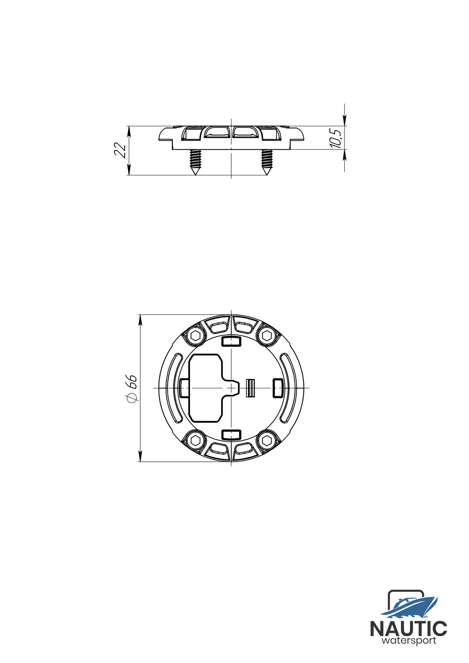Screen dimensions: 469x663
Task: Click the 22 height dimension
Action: click(x=120, y=150)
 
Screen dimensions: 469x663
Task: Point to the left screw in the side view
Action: click(x=195, y=162)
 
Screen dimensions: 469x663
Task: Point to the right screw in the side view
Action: click(x=267, y=162)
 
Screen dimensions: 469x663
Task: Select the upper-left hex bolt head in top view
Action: click(x=195, y=336)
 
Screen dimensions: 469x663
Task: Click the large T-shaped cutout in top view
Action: click(x=207, y=388)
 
